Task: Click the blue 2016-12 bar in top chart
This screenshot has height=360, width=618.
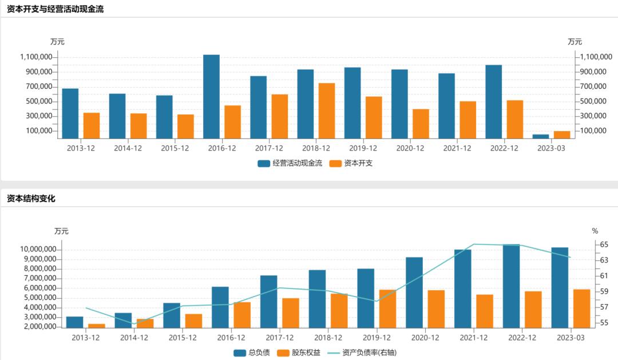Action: tap(211, 96)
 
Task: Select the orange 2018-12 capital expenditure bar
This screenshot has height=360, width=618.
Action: tap(327, 110)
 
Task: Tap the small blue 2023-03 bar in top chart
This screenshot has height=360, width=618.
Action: tap(541, 136)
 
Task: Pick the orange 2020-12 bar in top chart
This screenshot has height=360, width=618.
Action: tap(421, 124)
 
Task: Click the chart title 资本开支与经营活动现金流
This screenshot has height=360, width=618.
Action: tap(56, 9)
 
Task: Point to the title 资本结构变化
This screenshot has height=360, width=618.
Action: tap(31, 199)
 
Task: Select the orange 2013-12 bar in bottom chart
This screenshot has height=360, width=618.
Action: tap(97, 326)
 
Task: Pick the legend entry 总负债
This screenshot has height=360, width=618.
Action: tap(252, 353)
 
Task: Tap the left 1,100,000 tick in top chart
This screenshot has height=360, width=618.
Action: tap(37, 57)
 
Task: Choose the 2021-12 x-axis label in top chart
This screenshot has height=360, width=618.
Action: tap(458, 148)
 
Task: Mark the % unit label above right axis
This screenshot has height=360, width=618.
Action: tap(595, 231)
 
